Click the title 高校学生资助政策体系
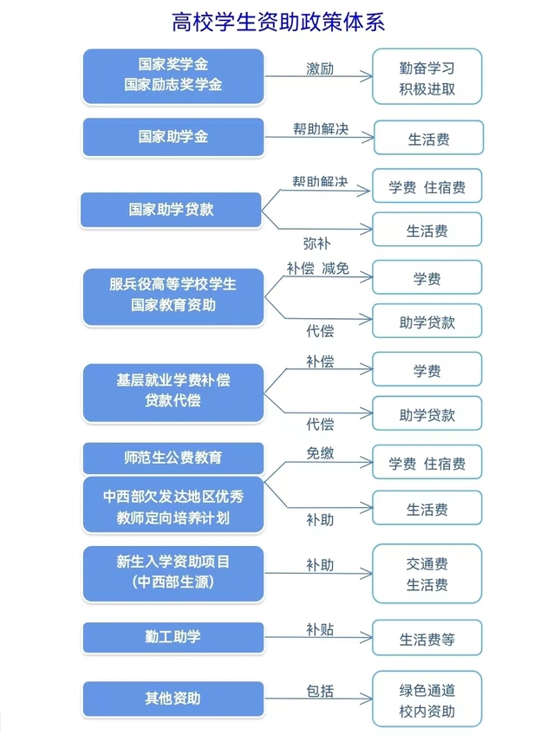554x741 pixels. pyautogui.click(x=278, y=23)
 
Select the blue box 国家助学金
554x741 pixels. pyautogui.click(x=173, y=137)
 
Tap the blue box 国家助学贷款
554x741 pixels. pyautogui.click(x=171, y=210)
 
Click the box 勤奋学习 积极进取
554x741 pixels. pyautogui.click(x=427, y=76)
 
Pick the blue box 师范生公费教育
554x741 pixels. pyautogui.click(x=173, y=458)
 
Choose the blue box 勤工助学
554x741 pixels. pyautogui.click(x=173, y=637)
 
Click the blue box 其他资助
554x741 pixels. pyautogui.click(x=173, y=699)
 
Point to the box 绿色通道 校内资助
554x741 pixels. pyautogui.click(x=427, y=699)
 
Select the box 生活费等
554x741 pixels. pyautogui.click(x=427, y=638)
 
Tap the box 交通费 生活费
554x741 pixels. pyautogui.click(x=427, y=574)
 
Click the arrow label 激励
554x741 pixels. pyautogui.click(x=320, y=69)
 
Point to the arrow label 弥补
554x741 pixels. pyautogui.click(x=316, y=244)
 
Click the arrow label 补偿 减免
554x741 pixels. pyautogui.click(x=317, y=269)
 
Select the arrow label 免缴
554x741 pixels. pyautogui.click(x=320, y=453)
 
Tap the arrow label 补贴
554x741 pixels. pyautogui.click(x=320, y=629)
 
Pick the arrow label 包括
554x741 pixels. pyautogui.click(x=320, y=691)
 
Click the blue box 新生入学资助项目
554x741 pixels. pyautogui.click(x=173, y=574)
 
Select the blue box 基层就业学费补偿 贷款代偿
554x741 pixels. pyautogui.click(x=173, y=393)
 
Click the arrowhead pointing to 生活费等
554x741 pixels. pyautogui.click(x=368, y=638)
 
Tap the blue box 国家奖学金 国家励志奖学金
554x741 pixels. pyautogui.click(x=173, y=76)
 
